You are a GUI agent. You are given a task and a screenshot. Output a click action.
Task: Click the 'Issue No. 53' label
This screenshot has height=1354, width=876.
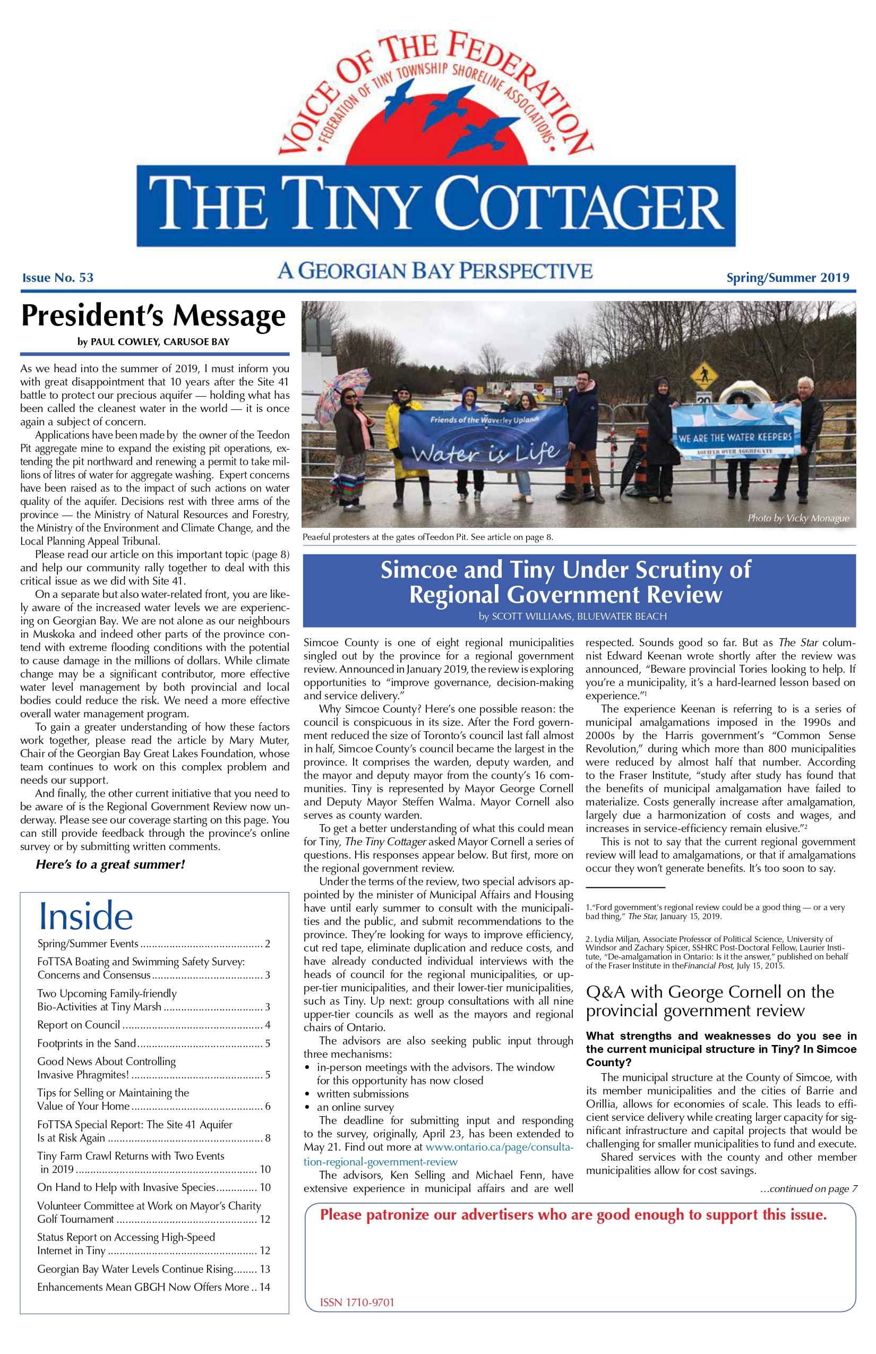coord(57,278)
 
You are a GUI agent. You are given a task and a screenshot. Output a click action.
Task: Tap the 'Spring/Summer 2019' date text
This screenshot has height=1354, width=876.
coord(787,278)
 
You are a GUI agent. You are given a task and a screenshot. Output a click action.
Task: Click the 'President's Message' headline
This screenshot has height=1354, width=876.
coord(153,316)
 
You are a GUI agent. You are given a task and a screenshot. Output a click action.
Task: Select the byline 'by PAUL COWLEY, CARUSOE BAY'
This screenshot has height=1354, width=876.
coord(153,342)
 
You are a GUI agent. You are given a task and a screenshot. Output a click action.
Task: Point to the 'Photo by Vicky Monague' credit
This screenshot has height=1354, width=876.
coord(798,518)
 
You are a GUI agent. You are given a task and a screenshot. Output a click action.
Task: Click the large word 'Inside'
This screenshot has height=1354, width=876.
coord(85,916)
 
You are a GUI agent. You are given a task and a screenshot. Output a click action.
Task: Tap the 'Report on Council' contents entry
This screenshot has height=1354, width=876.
coord(79,1025)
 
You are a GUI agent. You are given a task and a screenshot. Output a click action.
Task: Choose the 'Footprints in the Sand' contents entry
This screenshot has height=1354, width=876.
coord(87,1043)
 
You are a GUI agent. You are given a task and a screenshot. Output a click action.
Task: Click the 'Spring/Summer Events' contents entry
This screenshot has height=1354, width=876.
coord(88,944)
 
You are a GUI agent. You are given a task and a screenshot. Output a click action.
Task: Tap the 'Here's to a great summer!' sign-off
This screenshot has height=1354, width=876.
coord(110,865)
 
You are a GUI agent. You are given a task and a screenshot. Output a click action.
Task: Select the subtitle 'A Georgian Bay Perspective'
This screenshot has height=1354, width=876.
coord(435,271)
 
